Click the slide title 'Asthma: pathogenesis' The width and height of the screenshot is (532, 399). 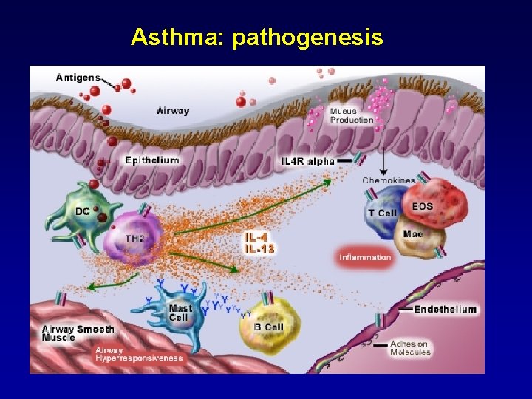[x=257, y=37]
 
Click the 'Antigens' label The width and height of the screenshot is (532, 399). [x=78, y=78]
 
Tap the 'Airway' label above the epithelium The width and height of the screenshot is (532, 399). [x=173, y=111]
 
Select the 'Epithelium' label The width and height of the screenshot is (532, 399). [x=152, y=160]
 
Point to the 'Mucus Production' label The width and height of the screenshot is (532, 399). [x=352, y=115]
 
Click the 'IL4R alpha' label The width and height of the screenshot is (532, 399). [x=309, y=161]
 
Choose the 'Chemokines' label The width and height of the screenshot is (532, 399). [x=389, y=180]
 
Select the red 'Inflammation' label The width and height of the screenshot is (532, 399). [x=365, y=257]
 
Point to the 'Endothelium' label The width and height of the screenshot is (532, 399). [x=445, y=309]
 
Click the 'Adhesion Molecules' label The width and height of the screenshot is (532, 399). [x=410, y=348]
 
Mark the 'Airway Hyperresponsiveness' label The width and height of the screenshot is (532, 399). [x=139, y=354]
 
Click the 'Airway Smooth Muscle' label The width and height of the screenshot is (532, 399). [x=78, y=332]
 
